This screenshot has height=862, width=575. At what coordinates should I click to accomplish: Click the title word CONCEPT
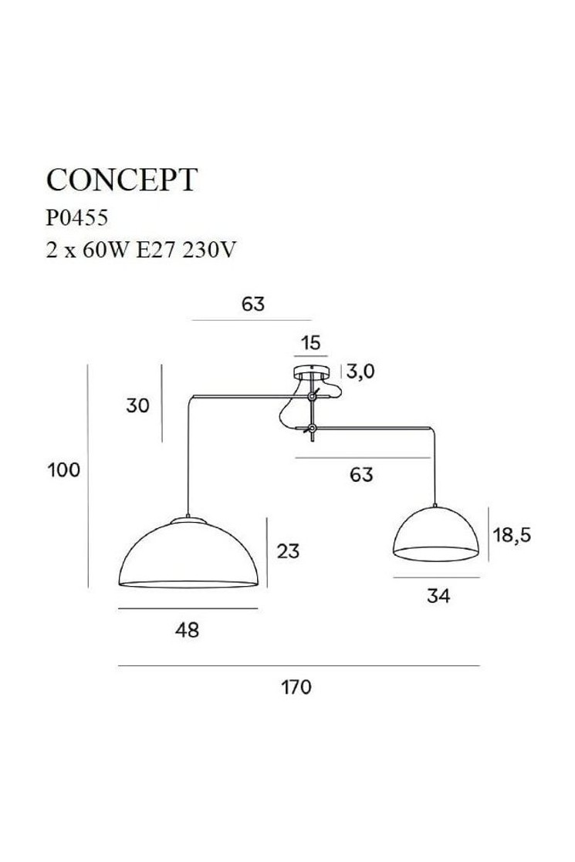[x=122, y=179]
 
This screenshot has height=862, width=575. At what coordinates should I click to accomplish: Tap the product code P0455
[x=76, y=218]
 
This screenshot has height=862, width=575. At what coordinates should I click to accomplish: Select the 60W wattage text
[x=105, y=250]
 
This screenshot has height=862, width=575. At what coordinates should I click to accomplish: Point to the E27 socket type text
[x=155, y=250]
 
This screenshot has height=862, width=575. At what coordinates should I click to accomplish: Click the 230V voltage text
[x=208, y=250]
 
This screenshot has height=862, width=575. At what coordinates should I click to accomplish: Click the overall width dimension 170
[x=296, y=687]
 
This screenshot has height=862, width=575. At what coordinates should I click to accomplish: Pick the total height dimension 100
[x=64, y=470]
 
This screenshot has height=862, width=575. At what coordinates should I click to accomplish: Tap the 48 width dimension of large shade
[x=187, y=629]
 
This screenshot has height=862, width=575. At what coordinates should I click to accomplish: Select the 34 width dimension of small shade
[x=438, y=595]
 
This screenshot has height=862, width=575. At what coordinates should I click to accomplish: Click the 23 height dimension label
[x=288, y=551]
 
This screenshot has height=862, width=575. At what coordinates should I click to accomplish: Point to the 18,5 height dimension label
[x=512, y=534]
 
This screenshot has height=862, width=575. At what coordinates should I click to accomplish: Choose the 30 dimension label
[x=137, y=406]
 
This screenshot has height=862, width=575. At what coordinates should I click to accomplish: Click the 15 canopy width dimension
[x=311, y=343]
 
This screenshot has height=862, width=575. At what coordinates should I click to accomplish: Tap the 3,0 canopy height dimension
[x=360, y=372]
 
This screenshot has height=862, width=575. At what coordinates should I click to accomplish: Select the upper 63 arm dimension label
[x=253, y=304]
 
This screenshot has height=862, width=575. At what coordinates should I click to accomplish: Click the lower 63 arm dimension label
[x=361, y=474]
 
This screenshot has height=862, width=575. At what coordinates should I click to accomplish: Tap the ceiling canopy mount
[x=312, y=372]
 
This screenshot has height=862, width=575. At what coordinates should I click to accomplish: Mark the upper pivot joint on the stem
[x=312, y=396]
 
